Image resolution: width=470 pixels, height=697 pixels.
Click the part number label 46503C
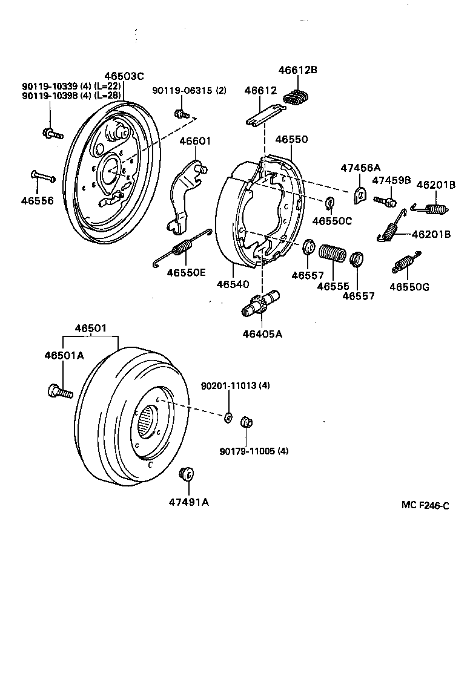[124, 76]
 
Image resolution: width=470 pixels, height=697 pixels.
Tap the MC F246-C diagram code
[425, 506]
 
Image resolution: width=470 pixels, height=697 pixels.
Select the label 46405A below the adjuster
[262, 333]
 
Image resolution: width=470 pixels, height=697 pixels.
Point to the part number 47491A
[188, 502]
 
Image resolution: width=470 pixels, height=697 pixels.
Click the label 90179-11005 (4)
[254, 450]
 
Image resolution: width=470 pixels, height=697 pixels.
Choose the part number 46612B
[298, 70]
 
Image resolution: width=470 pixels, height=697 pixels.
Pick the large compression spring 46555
[331, 253]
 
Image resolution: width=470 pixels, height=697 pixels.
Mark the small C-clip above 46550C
[331, 201]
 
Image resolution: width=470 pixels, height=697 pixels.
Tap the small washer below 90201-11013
[228, 416]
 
